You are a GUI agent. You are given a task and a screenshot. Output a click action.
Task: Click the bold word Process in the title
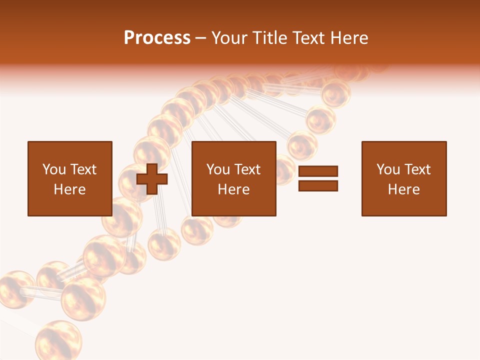click(157, 38)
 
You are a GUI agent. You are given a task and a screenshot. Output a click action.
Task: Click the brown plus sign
click(152, 178)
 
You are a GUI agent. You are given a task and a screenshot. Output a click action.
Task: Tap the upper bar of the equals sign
click(318, 171)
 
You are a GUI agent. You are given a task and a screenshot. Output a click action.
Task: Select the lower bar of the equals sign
click(318, 185)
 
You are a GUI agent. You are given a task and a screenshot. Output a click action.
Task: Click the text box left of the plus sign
click(69, 178)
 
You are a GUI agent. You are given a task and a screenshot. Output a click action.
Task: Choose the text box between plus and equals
click(233, 178)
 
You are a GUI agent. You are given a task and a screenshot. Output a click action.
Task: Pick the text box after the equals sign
click(403, 178)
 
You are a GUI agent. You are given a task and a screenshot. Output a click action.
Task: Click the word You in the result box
click(388, 169)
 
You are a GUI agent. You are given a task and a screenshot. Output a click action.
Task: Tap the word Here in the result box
click(403, 189)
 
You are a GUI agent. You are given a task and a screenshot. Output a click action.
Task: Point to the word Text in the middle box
click(247, 169)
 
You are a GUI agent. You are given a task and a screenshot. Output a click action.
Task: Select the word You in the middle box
click(218, 169)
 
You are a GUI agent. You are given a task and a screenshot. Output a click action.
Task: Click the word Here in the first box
click(69, 189)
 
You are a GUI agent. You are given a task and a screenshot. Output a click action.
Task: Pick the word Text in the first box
click(83, 169)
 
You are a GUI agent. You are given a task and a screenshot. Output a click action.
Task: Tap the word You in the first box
click(54, 169)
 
